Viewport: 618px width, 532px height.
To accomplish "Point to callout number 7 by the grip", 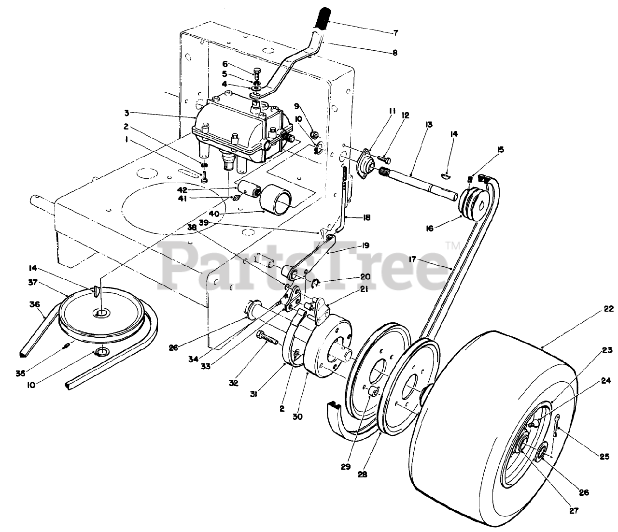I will tap(395, 33).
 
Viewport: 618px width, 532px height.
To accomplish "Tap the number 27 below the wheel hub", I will tap(574, 510).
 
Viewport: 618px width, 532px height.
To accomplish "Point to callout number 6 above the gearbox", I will tap(225, 64).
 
